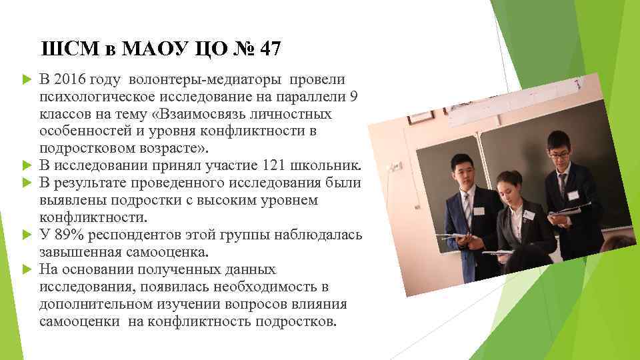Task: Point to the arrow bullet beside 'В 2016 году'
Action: pos(27,81)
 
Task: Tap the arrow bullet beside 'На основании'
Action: pos(27,270)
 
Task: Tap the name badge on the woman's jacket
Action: pos(529,215)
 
